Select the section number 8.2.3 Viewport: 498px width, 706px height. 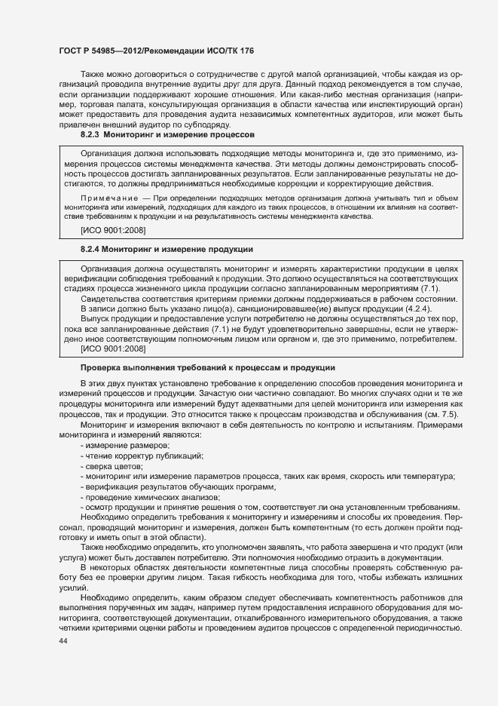pyautogui.click(x=90, y=134)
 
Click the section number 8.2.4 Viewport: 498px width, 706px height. pyautogui.click(x=90, y=248)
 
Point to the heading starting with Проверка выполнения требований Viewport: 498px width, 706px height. pyautogui.click(x=207, y=367)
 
